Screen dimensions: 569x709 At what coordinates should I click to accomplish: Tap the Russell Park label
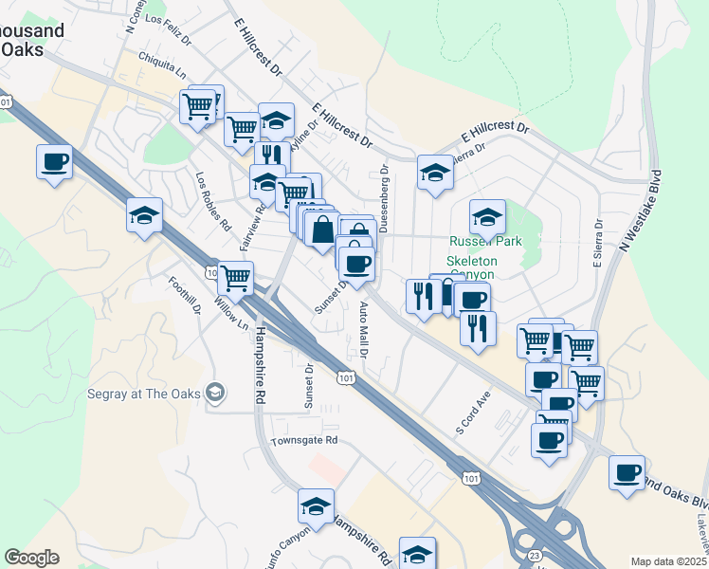(x=486, y=242)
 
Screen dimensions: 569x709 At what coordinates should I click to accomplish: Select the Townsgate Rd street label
(x=303, y=441)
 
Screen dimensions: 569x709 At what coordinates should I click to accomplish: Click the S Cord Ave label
(x=473, y=412)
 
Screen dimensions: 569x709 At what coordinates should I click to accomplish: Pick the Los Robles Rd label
(x=213, y=201)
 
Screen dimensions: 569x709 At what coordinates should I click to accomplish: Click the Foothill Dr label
(x=185, y=295)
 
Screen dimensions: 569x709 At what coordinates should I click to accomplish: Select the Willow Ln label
(x=230, y=312)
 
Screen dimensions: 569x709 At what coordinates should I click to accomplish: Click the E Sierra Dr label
(x=598, y=246)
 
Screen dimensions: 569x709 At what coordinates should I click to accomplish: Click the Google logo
(x=31, y=558)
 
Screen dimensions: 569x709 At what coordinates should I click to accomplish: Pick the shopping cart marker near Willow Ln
(x=235, y=278)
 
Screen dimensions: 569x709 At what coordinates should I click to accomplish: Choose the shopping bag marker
(x=323, y=229)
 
